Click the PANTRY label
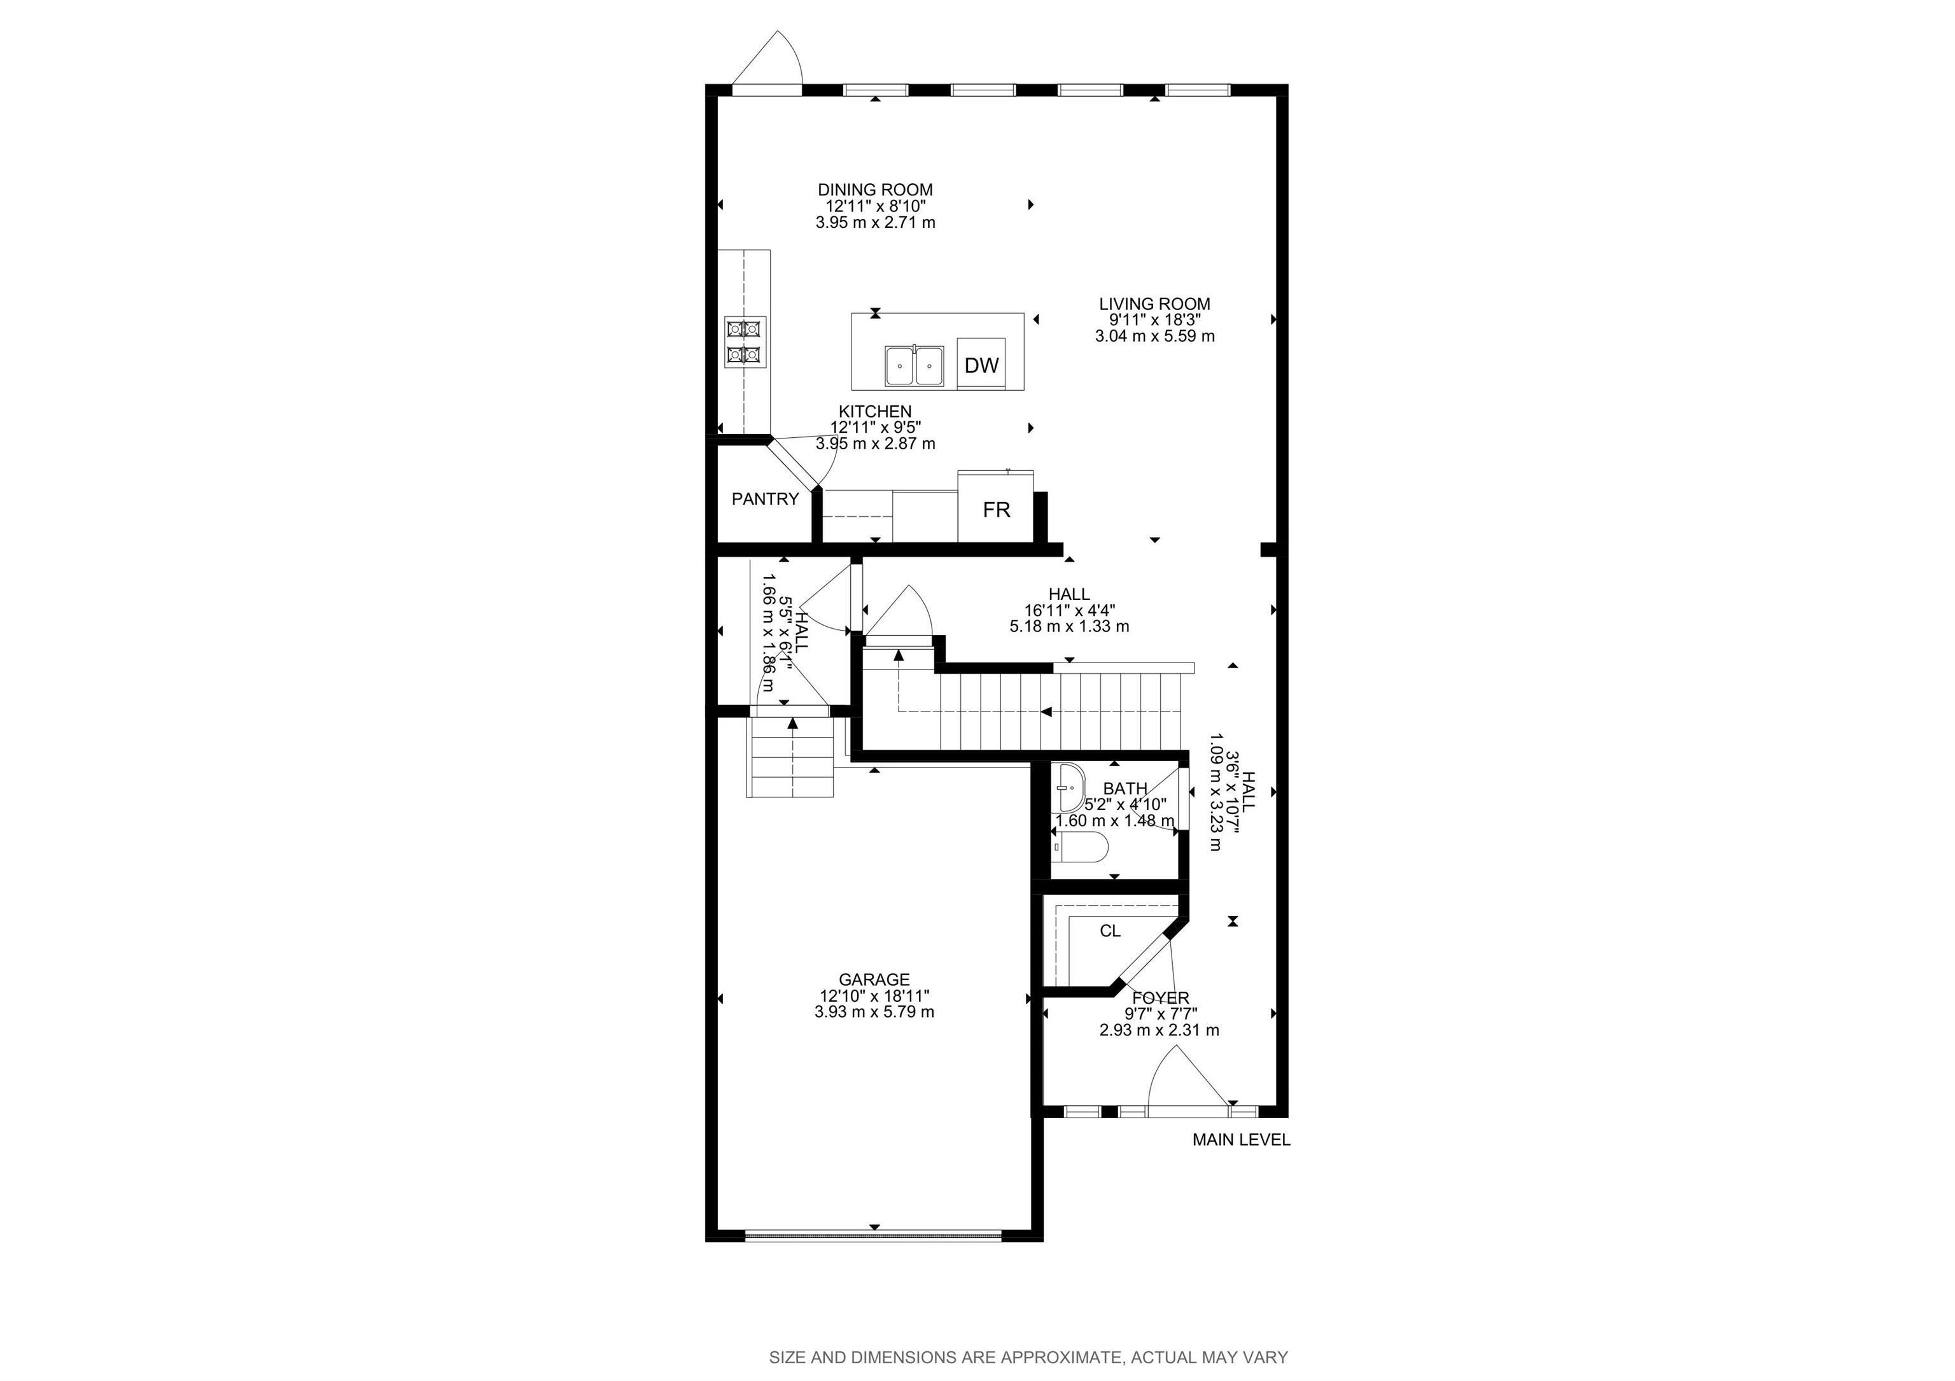click(765, 500)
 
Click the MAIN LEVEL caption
click(1240, 1140)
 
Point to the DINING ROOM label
click(874, 190)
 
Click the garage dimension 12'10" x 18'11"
click(874, 996)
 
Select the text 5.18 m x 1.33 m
click(1069, 627)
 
